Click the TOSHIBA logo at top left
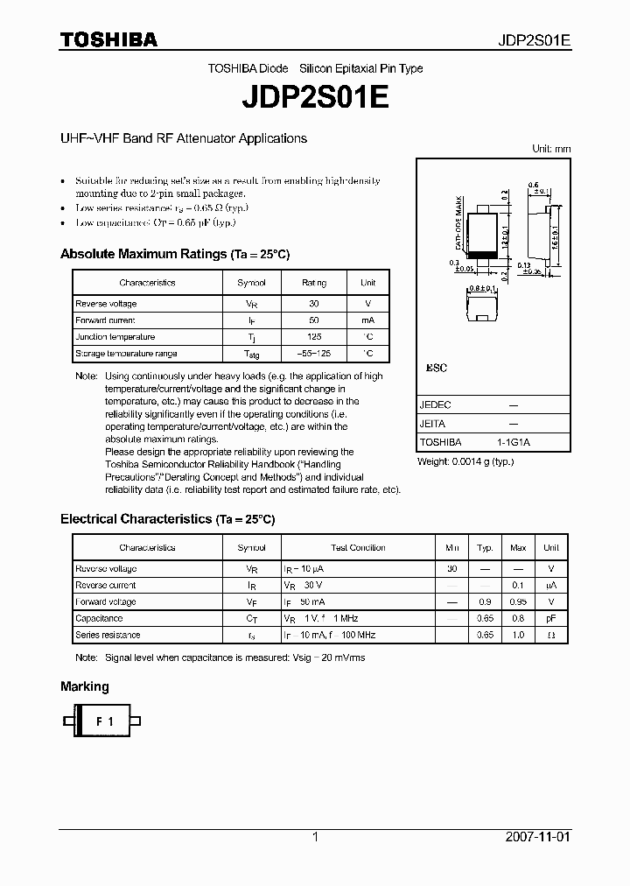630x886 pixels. (108, 40)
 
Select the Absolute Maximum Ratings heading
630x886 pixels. (174, 255)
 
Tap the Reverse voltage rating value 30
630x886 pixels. (314, 304)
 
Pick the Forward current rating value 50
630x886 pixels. (314, 320)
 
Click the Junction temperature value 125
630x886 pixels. (314, 337)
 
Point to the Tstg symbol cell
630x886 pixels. (252, 355)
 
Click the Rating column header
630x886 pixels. (314, 283)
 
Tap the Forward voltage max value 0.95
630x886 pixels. (518, 602)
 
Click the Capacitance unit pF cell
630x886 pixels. (550, 619)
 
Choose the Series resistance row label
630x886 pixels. (108, 636)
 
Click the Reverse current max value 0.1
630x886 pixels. (518, 586)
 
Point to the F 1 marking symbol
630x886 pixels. (104, 721)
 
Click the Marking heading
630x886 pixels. (85, 687)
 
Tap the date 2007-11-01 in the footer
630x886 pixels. (537, 837)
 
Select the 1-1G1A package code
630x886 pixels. (514, 442)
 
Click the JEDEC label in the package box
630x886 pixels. (435, 405)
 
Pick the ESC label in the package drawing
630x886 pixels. (436, 369)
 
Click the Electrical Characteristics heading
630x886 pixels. (167, 519)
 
